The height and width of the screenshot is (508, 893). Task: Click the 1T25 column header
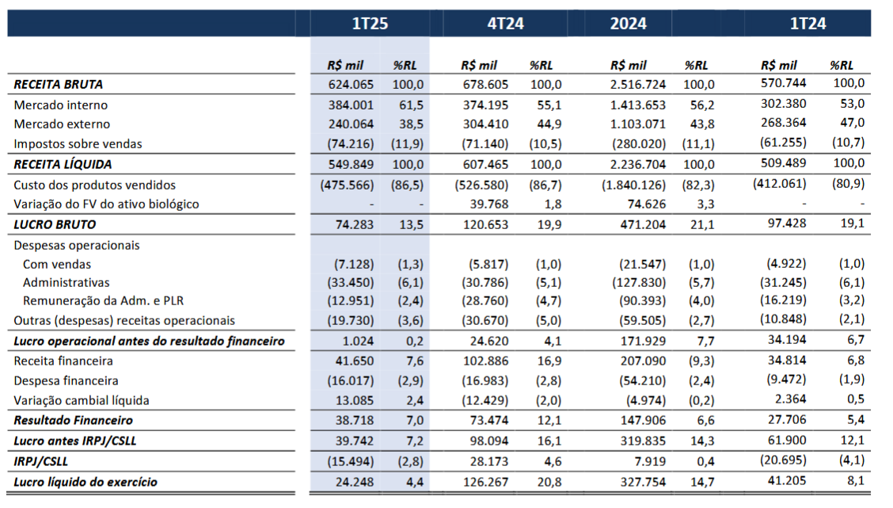pos(370,23)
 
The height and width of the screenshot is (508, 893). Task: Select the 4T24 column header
pos(505,23)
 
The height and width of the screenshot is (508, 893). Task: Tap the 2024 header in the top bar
pos(628,23)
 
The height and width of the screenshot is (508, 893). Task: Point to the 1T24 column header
pos(807,23)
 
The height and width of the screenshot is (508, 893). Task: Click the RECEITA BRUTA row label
pos(58,84)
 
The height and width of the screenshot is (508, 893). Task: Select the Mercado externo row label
pos(62,124)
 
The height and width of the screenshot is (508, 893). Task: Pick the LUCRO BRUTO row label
pos(55,224)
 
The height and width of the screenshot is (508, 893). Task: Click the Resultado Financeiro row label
pos(74,421)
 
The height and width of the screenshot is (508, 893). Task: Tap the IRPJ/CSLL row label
pos(40,461)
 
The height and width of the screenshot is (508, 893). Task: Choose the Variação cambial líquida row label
pos(82,401)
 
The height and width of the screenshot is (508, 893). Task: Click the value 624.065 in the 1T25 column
pos(351,84)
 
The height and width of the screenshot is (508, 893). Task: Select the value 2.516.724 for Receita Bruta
pos(638,84)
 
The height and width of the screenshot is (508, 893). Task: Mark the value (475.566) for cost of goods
pos(347,185)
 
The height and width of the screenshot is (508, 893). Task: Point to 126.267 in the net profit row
pos(486,482)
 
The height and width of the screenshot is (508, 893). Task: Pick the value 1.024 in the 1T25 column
pos(358,341)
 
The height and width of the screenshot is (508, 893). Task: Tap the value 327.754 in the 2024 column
pos(643,482)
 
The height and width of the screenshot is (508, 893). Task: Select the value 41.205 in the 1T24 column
pos(786,480)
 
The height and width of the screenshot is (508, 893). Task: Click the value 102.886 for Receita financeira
pos(486,361)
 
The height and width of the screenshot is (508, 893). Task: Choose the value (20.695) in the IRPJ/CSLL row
pos(783,460)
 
